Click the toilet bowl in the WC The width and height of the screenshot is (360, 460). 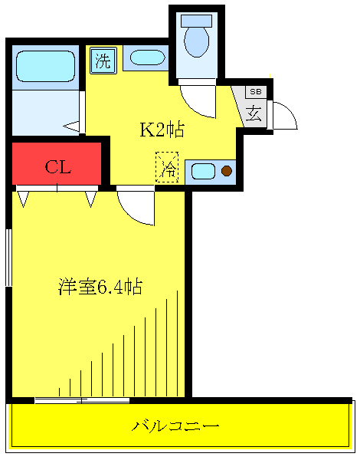[197, 42]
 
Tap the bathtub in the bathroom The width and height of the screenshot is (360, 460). [44, 67]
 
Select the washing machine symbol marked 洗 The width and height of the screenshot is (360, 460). [103, 61]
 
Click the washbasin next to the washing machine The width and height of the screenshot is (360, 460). [145, 58]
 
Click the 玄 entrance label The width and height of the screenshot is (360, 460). [254, 114]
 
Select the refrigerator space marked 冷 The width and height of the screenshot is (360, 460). [166, 168]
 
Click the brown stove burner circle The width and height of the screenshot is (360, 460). [226, 171]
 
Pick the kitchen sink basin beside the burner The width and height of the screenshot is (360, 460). [203, 171]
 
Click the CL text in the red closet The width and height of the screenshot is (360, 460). [57, 167]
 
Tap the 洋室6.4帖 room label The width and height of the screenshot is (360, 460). [100, 287]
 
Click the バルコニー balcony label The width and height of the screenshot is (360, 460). [176, 426]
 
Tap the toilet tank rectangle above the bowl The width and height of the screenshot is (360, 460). [197, 21]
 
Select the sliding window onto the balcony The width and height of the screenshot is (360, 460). [80, 399]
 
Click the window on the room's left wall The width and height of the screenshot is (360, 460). [8, 257]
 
